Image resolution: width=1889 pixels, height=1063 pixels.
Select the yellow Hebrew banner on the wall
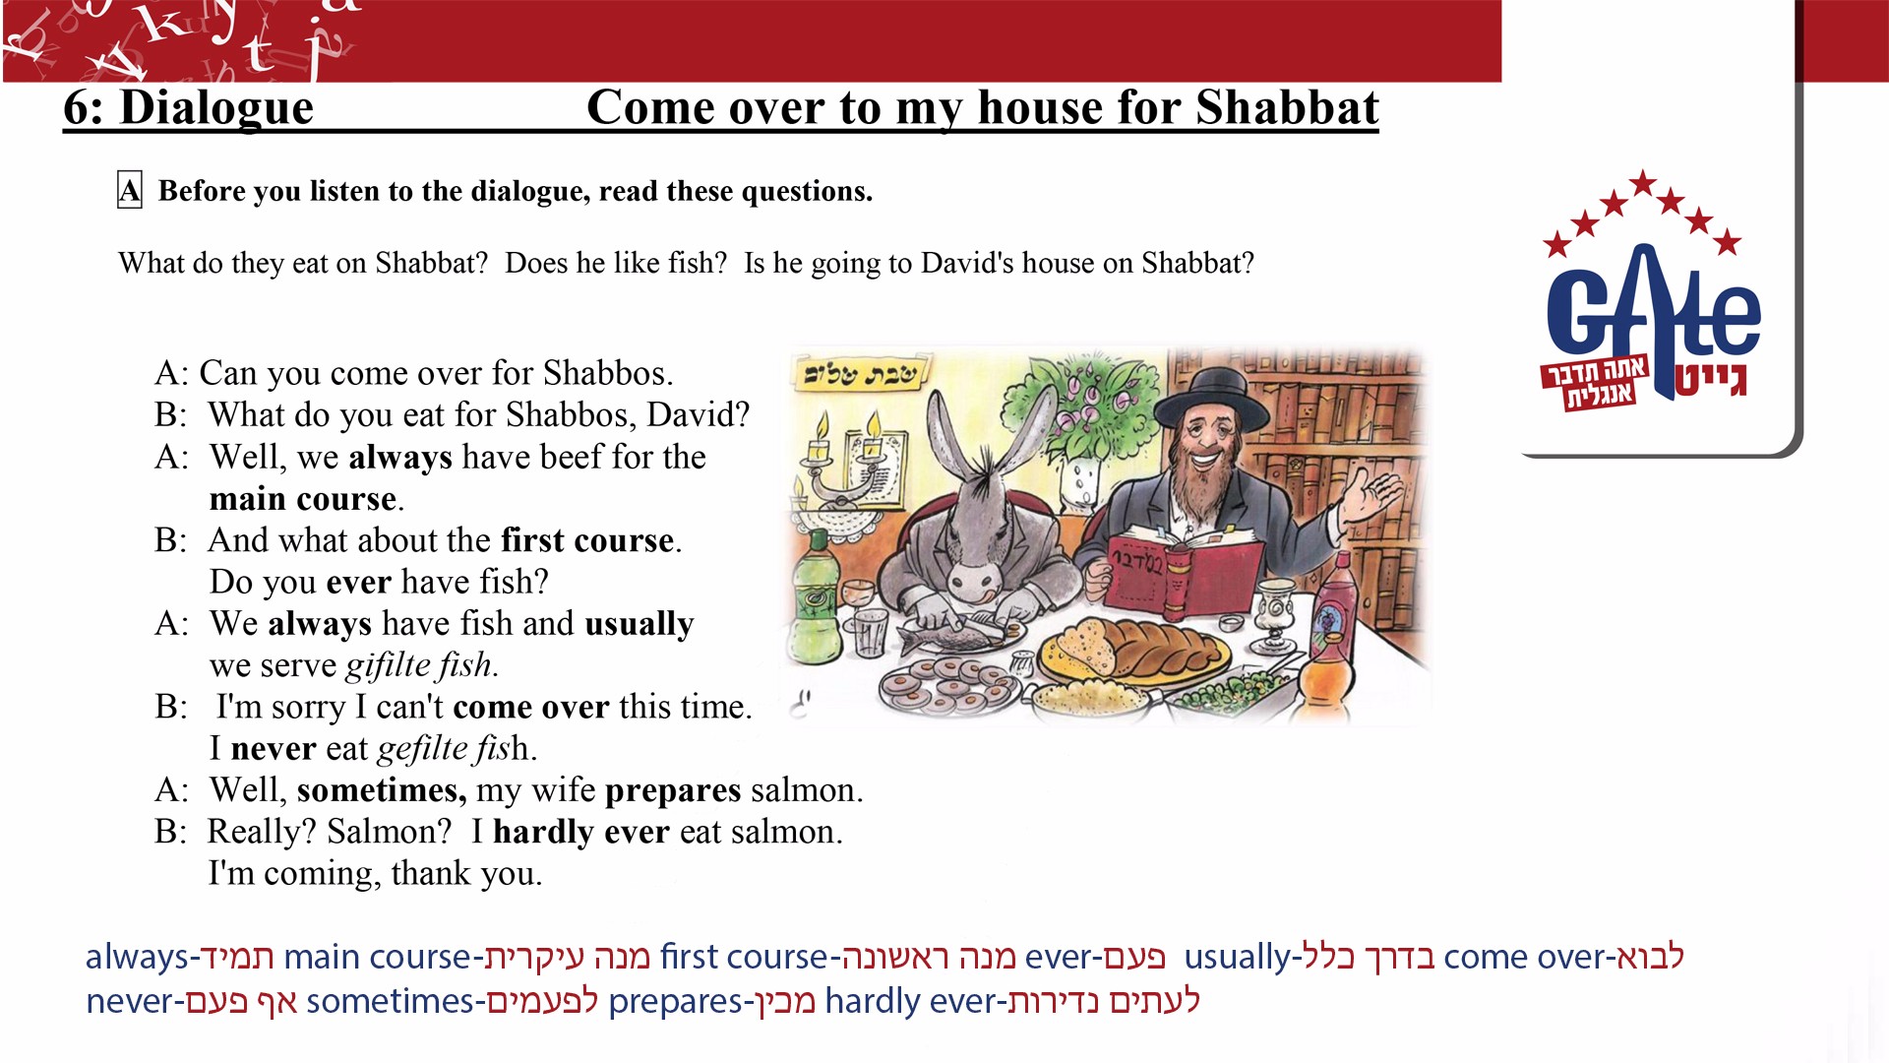click(x=863, y=375)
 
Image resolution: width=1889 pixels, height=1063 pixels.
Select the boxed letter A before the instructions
click(x=130, y=190)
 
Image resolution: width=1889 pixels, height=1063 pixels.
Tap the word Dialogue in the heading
click(x=216, y=107)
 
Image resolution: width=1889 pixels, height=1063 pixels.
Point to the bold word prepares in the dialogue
click(x=673, y=791)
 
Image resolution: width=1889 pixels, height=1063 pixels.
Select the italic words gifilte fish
click(x=422, y=665)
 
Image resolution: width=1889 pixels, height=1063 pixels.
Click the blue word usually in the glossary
click(x=1237, y=957)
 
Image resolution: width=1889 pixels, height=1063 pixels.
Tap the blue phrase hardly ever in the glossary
click(x=910, y=1001)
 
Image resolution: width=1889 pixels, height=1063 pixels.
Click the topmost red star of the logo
click(x=1642, y=183)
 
